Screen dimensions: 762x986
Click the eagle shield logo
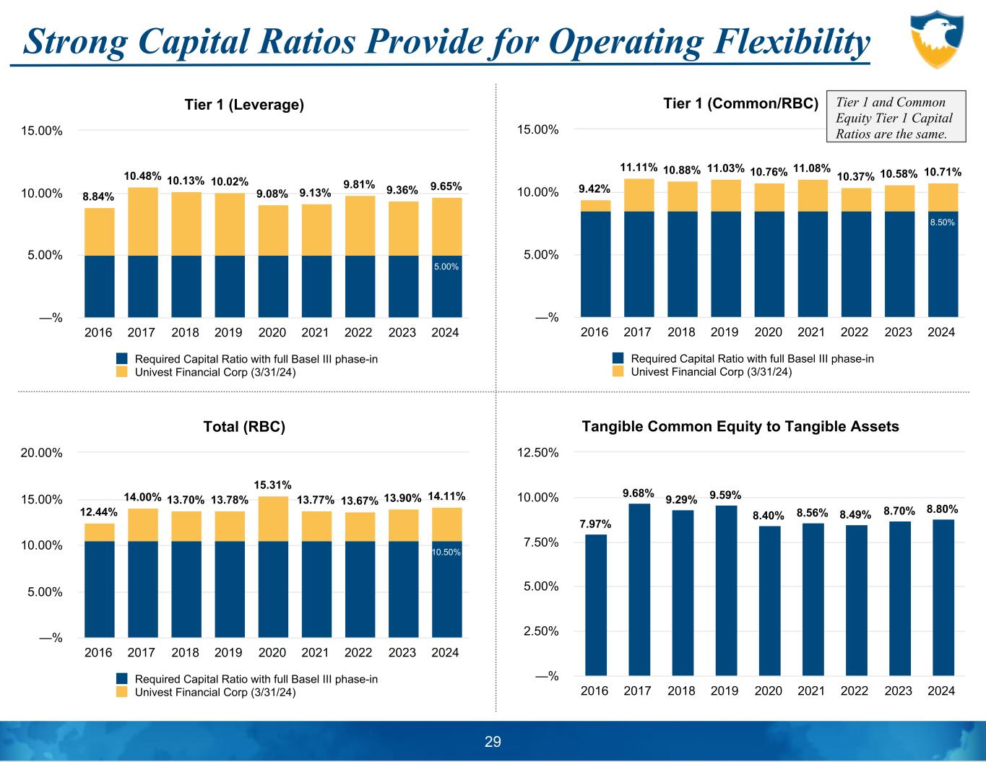936,39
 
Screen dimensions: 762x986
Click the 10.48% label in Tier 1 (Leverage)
142,176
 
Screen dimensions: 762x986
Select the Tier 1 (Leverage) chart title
244,105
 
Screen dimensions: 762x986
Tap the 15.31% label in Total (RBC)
272,484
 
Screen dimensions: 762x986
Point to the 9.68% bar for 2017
639,589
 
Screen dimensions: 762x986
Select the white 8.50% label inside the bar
942,223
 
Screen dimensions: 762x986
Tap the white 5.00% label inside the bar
446,267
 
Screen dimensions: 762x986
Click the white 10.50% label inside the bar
446,552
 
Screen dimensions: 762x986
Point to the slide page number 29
493,742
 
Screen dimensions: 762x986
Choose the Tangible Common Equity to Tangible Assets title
740,426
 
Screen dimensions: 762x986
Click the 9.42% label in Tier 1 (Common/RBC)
595,189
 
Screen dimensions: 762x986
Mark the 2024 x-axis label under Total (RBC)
445,652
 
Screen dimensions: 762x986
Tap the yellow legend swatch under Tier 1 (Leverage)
121,372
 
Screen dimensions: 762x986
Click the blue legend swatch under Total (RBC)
121,679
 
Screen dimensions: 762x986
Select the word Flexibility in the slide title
790,42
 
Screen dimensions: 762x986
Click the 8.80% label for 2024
942,508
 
